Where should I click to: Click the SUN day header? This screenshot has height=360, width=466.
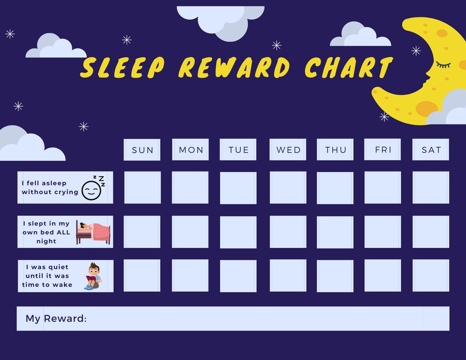click(x=142, y=150)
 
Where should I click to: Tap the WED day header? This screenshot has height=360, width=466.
click(x=288, y=150)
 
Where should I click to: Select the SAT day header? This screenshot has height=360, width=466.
click(x=431, y=150)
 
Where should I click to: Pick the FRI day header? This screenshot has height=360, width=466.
click(x=382, y=149)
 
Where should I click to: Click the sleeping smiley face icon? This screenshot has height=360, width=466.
click(x=92, y=188)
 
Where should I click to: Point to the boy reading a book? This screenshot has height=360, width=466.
click(x=93, y=276)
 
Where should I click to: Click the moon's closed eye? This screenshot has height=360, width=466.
click(x=443, y=65)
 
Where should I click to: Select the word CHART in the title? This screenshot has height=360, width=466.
click(x=348, y=68)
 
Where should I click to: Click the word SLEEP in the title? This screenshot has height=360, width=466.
click(x=123, y=68)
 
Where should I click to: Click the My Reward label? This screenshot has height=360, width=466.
click(x=56, y=319)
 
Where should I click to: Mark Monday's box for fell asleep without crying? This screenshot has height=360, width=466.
click(x=190, y=187)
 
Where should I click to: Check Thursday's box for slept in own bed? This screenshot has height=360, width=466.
click(x=335, y=232)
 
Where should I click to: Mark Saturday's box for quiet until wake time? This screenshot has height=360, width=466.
click(x=431, y=275)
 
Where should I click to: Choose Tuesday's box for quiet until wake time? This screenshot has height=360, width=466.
click(x=238, y=276)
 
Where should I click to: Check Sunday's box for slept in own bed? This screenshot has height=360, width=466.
click(x=142, y=232)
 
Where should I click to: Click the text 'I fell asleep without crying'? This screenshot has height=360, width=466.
click(x=50, y=188)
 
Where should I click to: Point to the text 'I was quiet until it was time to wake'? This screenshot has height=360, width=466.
click(x=47, y=276)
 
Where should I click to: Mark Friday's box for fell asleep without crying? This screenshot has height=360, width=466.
click(x=382, y=187)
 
